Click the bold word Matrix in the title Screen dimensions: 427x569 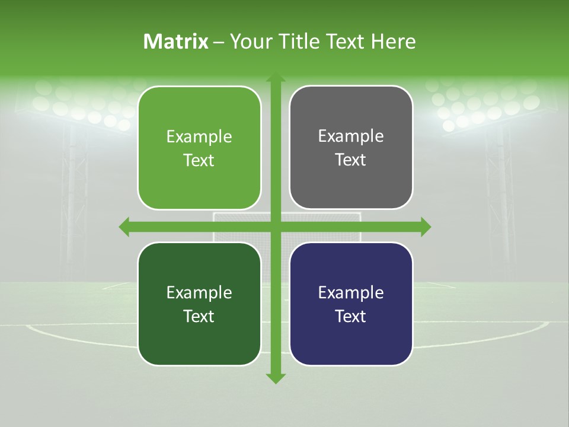coord(176,42)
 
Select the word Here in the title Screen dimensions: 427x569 coord(393,42)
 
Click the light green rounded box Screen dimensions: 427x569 coord(199,148)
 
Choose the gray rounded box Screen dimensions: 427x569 coord(351,148)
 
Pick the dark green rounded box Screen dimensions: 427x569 coord(199,304)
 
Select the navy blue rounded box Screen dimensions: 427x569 coord(351,304)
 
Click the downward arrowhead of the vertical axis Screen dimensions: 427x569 coord(275,378)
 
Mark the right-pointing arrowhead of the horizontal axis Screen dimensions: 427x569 coord(426,227)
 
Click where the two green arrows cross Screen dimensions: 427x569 coord(275,227)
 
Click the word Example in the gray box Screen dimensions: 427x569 coord(351,136)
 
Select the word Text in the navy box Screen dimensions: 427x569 coord(351,316)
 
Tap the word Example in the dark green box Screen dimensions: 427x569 coord(199,292)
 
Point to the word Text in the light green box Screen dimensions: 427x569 coord(199,160)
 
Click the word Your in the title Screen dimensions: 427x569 coord(245,42)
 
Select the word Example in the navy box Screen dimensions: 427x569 coord(351,292)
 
